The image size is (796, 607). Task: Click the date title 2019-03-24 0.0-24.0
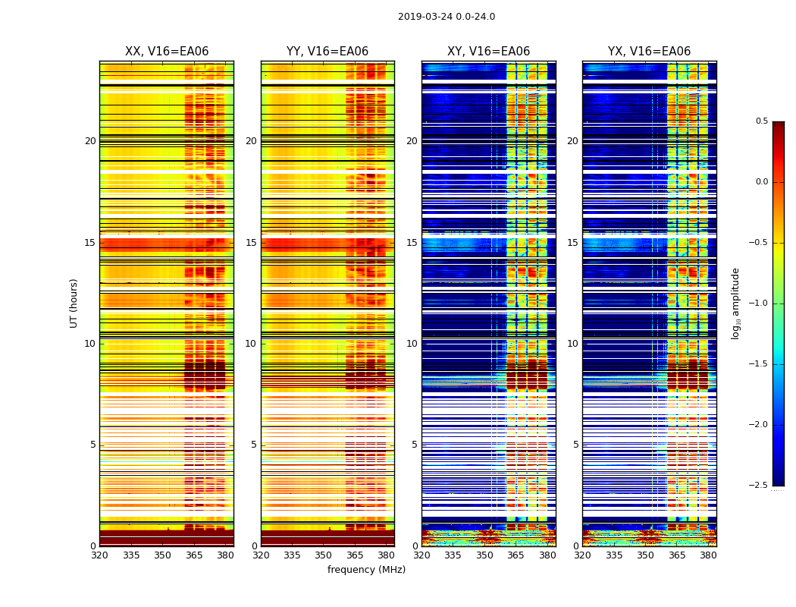[446, 17]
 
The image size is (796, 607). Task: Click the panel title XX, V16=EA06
[167, 52]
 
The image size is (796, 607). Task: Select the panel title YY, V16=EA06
[327, 52]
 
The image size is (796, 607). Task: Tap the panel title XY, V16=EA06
[488, 52]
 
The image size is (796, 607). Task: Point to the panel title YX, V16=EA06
[649, 52]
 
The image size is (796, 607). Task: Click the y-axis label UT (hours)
[74, 303]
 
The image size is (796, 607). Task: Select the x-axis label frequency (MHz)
[366, 570]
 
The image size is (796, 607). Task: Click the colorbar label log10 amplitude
[735, 303]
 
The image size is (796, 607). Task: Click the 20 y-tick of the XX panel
[90, 141]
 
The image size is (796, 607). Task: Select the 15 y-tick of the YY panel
[252, 243]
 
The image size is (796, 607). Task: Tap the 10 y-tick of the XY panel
[412, 344]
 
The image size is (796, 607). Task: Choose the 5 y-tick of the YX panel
[576, 445]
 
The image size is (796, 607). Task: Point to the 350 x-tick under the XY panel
[484, 555]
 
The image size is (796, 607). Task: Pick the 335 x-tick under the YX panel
[614, 555]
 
